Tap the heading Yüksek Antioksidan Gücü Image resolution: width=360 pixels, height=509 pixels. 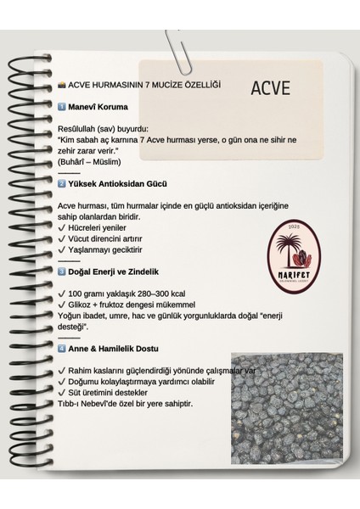[x=120, y=183]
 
